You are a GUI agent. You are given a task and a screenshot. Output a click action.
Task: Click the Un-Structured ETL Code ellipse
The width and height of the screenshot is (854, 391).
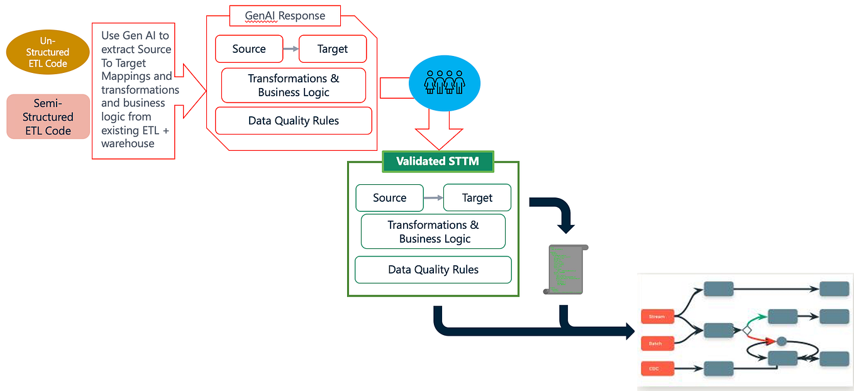click(x=48, y=52)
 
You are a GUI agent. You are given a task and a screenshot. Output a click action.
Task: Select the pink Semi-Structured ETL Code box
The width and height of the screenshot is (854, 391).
click(x=48, y=117)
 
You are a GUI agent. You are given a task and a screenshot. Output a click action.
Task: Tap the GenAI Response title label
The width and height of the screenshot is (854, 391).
click(x=285, y=16)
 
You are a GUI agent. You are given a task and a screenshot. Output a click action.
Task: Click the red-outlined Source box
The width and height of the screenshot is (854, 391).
click(x=249, y=49)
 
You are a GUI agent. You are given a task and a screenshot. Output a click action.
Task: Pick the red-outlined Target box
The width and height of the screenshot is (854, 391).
click(x=332, y=49)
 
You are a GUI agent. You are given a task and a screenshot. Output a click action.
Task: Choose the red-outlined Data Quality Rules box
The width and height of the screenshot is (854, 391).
click(x=293, y=121)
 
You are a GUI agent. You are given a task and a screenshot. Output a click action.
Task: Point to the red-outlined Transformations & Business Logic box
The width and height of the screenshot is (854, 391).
click(x=293, y=85)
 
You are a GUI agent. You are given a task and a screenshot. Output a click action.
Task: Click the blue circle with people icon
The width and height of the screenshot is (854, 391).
click(x=445, y=82)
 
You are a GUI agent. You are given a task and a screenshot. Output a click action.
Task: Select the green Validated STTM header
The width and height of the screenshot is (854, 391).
click(x=438, y=162)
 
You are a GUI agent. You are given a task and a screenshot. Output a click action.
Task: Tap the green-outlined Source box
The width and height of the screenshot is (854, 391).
click(x=389, y=198)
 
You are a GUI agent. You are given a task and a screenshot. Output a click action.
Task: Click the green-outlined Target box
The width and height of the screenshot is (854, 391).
click(x=477, y=198)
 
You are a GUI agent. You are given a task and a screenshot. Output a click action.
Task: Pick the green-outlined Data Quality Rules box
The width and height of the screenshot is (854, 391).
click(x=433, y=270)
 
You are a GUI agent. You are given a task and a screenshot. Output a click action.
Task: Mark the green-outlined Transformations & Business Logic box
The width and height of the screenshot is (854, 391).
click(x=433, y=232)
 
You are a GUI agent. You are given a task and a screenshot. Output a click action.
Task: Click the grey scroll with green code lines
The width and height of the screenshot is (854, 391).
click(x=565, y=270)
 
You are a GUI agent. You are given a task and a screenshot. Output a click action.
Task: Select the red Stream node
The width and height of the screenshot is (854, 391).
click(x=657, y=317)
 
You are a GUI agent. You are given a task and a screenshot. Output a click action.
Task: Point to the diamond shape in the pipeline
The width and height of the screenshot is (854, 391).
click(x=746, y=329)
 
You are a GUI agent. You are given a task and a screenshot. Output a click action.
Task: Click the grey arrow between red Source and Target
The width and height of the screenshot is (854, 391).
click(x=291, y=49)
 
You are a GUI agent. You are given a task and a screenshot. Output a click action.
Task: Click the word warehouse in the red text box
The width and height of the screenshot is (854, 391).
click(x=128, y=143)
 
